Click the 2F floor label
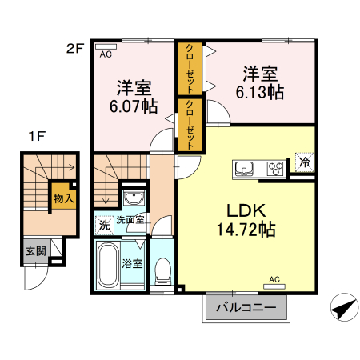(74, 48)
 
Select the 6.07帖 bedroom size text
(133, 106)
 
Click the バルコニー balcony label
(246, 307)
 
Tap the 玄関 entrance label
(35, 250)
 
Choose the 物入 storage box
(63, 197)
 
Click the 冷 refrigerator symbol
(304, 162)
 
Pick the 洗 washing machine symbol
(103, 225)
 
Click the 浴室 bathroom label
(132, 262)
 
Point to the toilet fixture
(163, 270)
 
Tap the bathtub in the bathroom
(107, 266)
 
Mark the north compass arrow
(343, 308)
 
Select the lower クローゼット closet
(190, 124)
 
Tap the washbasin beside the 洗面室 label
(134, 199)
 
